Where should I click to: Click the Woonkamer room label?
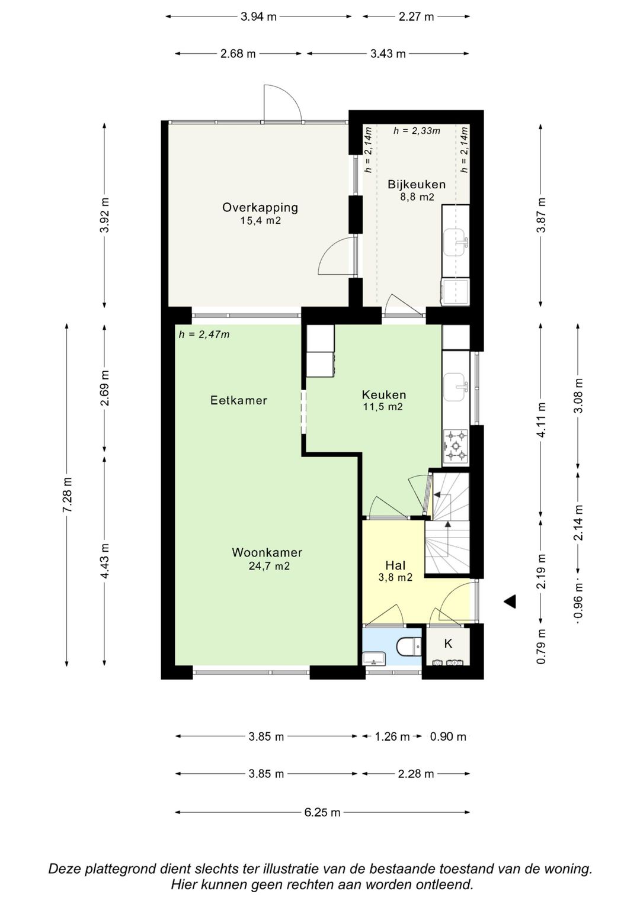(x=267, y=552)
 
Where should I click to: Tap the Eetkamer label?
(x=239, y=400)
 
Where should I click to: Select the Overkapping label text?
(x=260, y=208)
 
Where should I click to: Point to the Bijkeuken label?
(x=417, y=185)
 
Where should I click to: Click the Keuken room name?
(x=384, y=394)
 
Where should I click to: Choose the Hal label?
(x=396, y=565)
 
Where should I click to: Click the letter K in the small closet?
(x=448, y=644)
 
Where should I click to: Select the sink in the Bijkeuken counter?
(x=456, y=243)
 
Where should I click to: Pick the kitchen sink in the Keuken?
(x=456, y=387)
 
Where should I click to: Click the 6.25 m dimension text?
(x=322, y=812)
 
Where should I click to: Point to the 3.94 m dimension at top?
(x=258, y=17)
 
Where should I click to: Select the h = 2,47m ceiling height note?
(x=204, y=334)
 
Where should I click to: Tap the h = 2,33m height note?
(x=417, y=131)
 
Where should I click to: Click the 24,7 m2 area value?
(x=269, y=566)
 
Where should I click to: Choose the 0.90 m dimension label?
(x=448, y=737)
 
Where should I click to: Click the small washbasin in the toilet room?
(x=375, y=659)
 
